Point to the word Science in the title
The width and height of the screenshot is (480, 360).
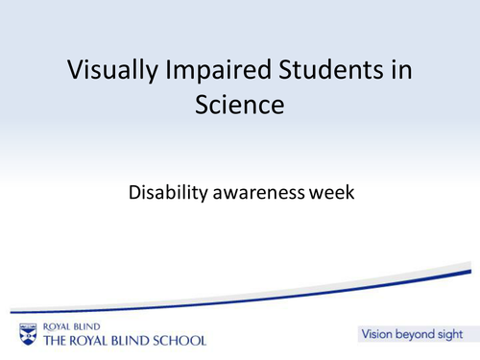coord(240,105)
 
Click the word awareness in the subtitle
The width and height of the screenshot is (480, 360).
coord(265,192)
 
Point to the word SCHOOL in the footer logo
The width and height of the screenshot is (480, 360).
coord(177,340)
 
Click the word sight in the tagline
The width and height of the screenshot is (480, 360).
coord(451,335)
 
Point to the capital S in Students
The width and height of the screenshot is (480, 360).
coord(273,70)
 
